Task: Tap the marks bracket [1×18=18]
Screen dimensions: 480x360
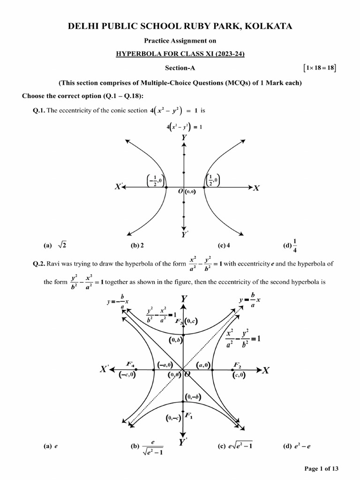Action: pos(320,68)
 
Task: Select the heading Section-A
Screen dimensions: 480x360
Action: pos(180,68)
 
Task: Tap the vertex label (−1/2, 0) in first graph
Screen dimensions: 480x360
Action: pos(155,180)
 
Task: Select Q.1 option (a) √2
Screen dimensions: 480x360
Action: pos(56,245)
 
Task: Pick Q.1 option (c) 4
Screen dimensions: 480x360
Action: pos(224,245)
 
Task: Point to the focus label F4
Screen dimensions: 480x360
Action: pos(130,364)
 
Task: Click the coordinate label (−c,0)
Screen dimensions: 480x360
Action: pos(127,375)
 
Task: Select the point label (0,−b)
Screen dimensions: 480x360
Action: pos(193,397)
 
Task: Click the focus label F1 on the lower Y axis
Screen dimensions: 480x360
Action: pos(188,415)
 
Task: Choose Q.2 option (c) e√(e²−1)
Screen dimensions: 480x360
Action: pos(235,446)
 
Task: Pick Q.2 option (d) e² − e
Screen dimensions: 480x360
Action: pos(297,446)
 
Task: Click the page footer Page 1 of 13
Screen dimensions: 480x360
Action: pos(321,469)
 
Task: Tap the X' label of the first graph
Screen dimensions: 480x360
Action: pos(120,187)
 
